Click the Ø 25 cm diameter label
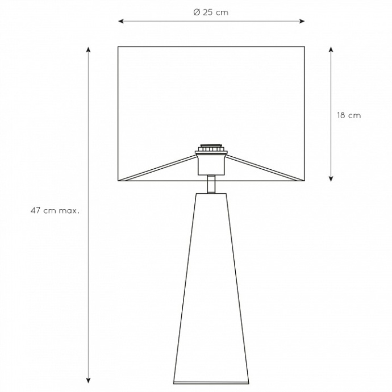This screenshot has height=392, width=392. [211, 12]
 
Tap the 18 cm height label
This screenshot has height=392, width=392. [349, 115]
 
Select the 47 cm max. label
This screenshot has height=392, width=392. [55, 211]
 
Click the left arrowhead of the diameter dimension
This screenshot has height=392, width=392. [121, 21]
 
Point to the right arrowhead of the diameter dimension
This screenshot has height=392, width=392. [302, 21]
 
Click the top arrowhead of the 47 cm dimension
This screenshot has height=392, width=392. [88, 49]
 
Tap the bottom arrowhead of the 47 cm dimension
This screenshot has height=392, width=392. [88, 380]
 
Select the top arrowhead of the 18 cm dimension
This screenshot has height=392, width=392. [331, 49]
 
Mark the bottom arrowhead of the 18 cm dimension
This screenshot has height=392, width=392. [331, 178]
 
